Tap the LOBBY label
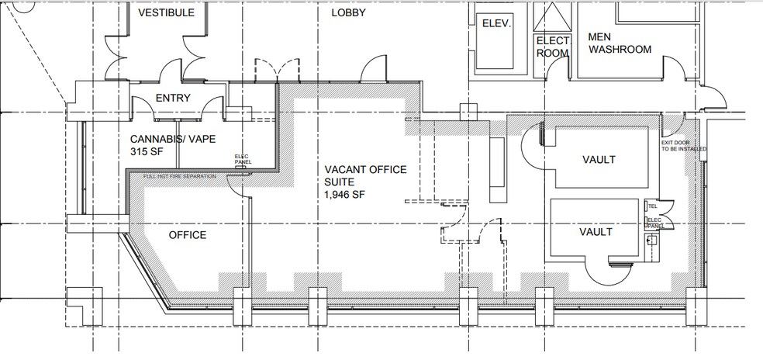tap(348, 13)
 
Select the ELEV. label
tap(497, 23)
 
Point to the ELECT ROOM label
tap(554, 47)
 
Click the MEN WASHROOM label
tap(620, 43)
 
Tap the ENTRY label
tap(174, 98)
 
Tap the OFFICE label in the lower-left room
tap(187, 234)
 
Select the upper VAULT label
tap(599, 160)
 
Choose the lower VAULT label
tap(596, 231)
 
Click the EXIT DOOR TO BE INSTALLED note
tap(680, 146)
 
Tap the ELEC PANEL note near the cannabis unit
tap(240, 159)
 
